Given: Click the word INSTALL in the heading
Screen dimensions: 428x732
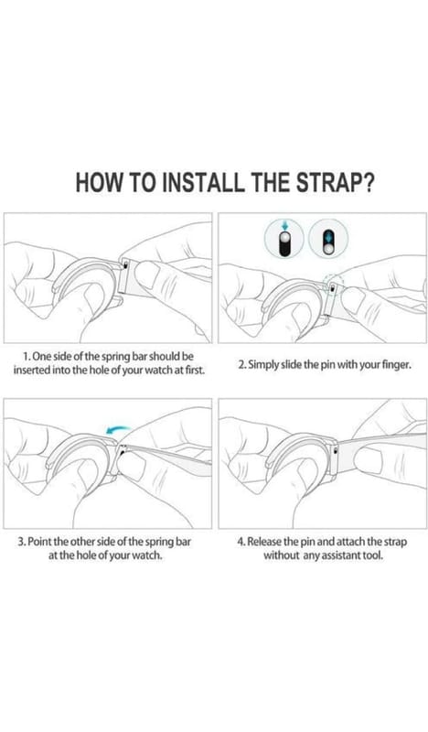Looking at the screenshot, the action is [x=203, y=182].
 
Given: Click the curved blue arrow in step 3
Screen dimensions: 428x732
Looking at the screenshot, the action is [x=119, y=428].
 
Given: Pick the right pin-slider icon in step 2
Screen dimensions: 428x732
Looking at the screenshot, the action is [x=328, y=239].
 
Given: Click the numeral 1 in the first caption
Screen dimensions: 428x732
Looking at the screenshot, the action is [x=27, y=357].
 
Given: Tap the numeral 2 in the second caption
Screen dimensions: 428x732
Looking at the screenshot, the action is [x=241, y=365].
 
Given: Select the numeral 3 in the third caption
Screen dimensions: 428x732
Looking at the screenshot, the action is [x=20, y=543].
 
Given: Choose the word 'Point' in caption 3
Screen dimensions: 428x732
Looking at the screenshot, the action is [x=40, y=543].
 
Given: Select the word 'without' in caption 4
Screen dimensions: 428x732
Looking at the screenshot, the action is [x=281, y=556].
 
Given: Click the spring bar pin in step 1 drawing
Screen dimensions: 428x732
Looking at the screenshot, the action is [x=126, y=265].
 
